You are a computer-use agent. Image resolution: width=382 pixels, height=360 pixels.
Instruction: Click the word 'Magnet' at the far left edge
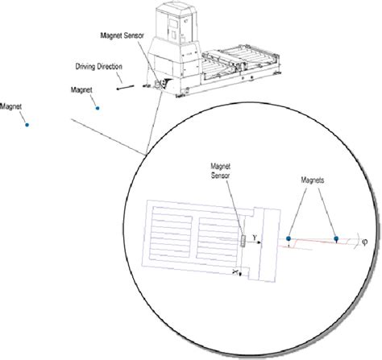pyautogui.click(x=12, y=105)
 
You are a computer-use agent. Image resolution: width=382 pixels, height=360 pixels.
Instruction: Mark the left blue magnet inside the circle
pyautogui.click(x=289, y=238)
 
